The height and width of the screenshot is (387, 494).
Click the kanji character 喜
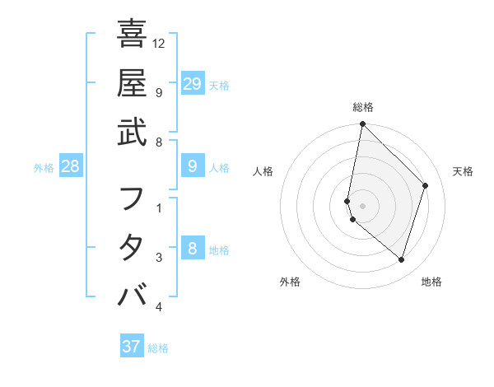(132, 35)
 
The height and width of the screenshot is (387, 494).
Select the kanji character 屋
(132, 82)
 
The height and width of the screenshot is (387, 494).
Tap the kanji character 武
(132, 132)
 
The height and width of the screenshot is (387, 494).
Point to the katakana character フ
(132, 198)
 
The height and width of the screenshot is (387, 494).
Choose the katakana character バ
(132, 296)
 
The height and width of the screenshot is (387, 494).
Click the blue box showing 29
(192, 83)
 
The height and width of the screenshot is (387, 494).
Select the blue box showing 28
(71, 166)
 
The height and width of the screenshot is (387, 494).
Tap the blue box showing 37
(132, 347)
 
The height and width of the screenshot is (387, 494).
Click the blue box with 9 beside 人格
(192, 166)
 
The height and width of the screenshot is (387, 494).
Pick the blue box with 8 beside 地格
(192, 249)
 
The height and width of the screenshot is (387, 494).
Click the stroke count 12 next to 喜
(159, 43)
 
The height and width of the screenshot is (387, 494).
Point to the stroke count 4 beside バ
(158, 308)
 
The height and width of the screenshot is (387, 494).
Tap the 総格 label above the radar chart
(362, 107)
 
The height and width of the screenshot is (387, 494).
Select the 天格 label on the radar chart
(463, 171)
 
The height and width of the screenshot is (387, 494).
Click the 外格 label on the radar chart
(290, 282)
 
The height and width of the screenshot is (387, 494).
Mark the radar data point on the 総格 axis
(362, 124)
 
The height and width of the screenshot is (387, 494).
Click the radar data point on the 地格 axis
(401, 259)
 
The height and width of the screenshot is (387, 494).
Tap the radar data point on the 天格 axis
(426, 185)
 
